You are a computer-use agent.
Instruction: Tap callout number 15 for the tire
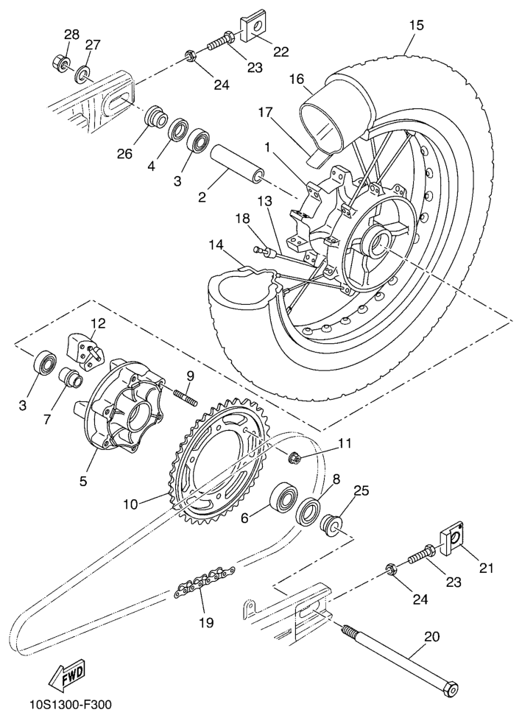[416, 25]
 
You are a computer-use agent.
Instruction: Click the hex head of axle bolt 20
[448, 689]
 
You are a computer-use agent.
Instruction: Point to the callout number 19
[206, 622]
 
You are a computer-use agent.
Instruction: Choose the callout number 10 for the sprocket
[130, 505]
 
